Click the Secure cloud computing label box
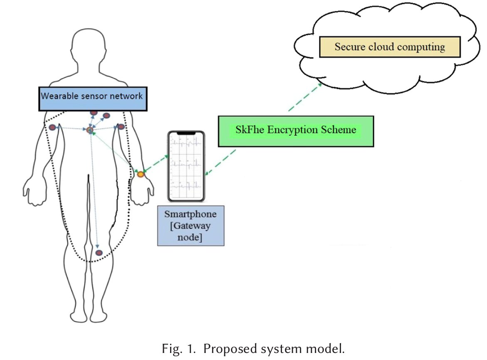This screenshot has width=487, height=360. pos(390,47)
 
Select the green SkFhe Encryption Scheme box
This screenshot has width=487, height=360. pos(296,131)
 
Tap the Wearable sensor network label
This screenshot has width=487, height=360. pos(92,99)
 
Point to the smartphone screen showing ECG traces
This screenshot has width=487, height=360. pos(186,166)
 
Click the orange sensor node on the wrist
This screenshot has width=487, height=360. pos(141,175)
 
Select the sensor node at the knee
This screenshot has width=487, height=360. pos(99,253)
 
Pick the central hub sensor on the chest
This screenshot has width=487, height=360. pos(89,130)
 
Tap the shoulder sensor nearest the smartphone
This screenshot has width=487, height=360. pos(121,127)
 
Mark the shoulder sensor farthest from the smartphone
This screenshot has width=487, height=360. pos(53,127)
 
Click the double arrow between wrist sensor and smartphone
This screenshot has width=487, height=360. pos(154,165)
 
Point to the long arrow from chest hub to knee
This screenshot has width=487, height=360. pos(94,191)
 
